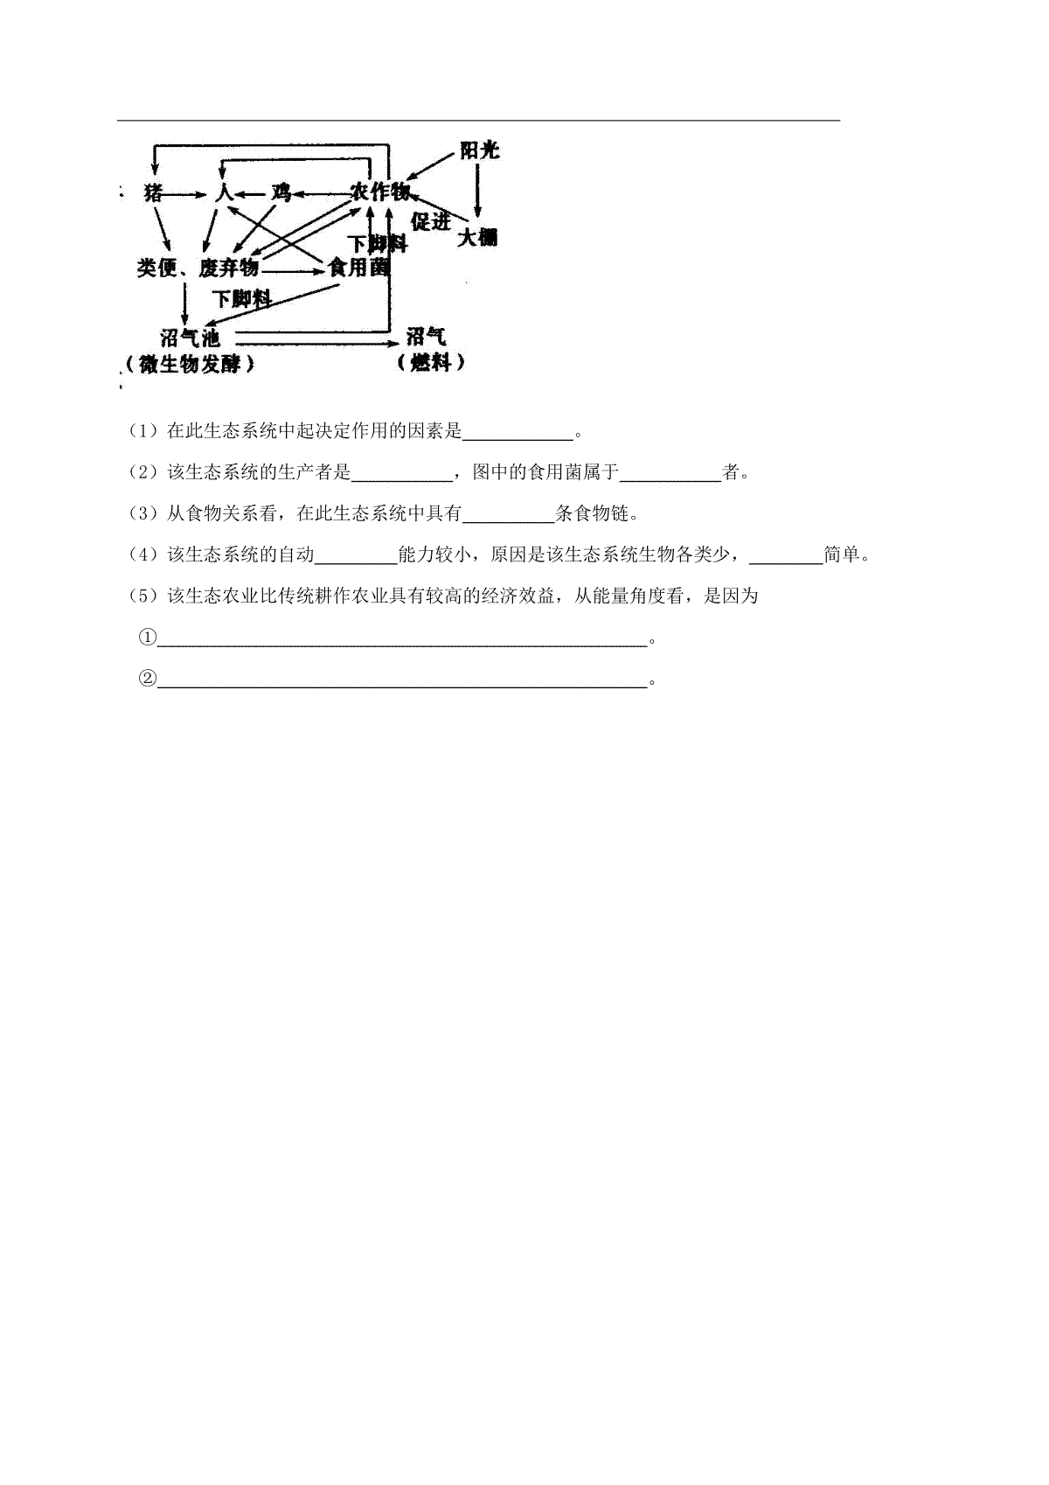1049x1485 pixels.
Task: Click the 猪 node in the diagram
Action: pyautogui.click(x=153, y=193)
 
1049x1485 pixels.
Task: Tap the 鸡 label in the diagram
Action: pyautogui.click(x=281, y=193)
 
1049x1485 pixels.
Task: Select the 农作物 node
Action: pyautogui.click(x=380, y=192)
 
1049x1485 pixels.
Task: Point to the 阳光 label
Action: pyautogui.click(x=479, y=150)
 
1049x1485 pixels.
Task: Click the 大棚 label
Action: pyautogui.click(x=478, y=237)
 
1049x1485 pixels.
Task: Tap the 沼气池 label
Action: pyautogui.click(x=190, y=338)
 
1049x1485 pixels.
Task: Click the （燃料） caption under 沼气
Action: pyautogui.click(x=431, y=363)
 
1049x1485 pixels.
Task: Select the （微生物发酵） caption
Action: pyautogui.click(x=190, y=364)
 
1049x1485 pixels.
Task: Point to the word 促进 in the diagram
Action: pyautogui.click(x=431, y=221)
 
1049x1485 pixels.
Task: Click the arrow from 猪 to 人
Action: pyautogui.click(x=186, y=194)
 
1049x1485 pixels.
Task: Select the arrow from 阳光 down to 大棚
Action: pyautogui.click(x=477, y=191)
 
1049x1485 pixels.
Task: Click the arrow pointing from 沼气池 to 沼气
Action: pyautogui.click(x=317, y=344)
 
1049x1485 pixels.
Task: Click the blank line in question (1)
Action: pyautogui.click(x=518, y=439)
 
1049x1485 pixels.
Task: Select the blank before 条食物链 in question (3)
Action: pyautogui.click(x=508, y=521)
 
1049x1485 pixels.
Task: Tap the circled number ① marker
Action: pyautogui.click(x=147, y=637)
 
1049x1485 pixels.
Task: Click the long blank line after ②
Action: pyautogui.click(x=402, y=687)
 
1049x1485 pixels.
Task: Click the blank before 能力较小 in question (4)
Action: pyautogui.click(x=356, y=563)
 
